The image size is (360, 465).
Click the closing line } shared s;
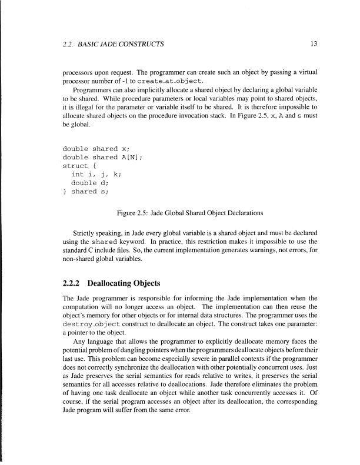coord(86,191)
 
